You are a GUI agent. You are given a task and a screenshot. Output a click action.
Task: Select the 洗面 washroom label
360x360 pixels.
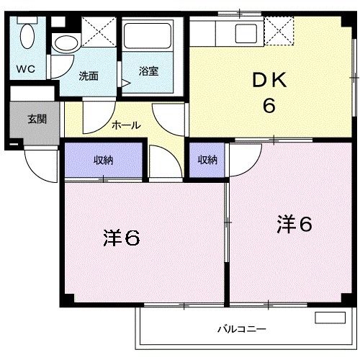pyautogui.click(x=89, y=75)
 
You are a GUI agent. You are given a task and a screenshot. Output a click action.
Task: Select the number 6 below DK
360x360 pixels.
pyautogui.click(x=269, y=106)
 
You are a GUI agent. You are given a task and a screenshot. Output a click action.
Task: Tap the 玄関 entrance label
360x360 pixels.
pyautogui.click(x=37, y=119)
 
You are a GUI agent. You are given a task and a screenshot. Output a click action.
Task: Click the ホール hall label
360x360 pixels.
pyautogui.click(x=125, y=125)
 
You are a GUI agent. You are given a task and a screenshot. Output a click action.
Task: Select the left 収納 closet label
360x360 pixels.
pyautogui.click(x=103, y=160)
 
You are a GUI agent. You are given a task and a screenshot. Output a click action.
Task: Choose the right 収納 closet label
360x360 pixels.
pyautogui.click(x=207, y=160)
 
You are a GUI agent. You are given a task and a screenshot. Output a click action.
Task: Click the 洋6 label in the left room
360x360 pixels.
pyautogui.click(x=120, y=238)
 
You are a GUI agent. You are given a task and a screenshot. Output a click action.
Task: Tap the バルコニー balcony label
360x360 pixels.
pyautogui.click(x=242, y=329)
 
